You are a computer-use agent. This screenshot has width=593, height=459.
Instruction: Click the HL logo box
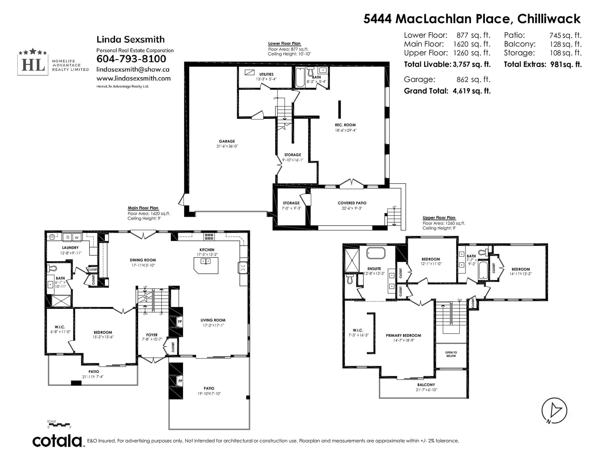[33, 65]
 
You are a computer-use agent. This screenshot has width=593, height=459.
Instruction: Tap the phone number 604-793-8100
[131, 59]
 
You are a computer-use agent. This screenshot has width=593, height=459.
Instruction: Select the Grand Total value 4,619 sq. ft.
[471, 91]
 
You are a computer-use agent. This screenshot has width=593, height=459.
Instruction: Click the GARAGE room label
[227, 141]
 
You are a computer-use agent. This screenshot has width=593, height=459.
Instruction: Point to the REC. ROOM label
[345, 125]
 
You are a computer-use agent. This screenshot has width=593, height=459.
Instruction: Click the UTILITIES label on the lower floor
[266, 74]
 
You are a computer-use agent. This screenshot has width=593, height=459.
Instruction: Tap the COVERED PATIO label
[352, 203]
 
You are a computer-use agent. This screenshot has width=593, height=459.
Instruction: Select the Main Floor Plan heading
[143, 208]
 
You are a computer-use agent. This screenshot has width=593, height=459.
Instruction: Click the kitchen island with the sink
[206, 265]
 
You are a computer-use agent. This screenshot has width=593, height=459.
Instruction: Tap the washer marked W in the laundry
[77, 237]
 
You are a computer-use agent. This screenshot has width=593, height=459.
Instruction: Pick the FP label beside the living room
[180, 322]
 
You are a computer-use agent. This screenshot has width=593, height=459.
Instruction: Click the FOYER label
[152, 335]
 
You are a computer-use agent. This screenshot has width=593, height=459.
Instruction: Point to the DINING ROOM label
[143, 260]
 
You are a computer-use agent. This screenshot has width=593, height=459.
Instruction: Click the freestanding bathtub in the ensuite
[375, 253]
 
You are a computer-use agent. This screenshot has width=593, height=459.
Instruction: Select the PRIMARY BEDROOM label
[403, 335]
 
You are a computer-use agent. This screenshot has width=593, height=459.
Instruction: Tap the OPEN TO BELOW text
[451, 354]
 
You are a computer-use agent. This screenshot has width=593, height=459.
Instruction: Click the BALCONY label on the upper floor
[426, 385]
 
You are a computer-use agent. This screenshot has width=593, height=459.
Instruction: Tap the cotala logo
[57, 441]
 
